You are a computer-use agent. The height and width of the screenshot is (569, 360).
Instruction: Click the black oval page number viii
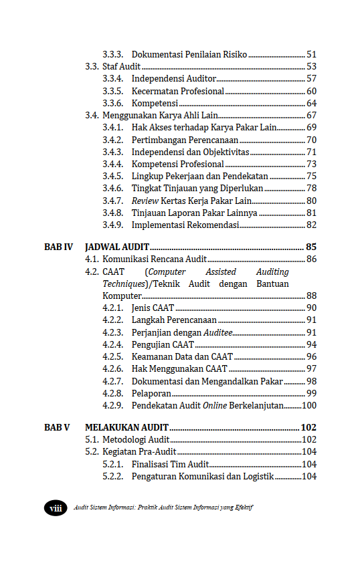pyautogui.click(x=55, y=508)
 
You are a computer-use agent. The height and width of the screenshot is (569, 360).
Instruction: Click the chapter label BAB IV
pyautogui.click(x=58, y=247)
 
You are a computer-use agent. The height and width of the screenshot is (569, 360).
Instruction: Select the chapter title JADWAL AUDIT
pyautogui.click(x=117, y=247)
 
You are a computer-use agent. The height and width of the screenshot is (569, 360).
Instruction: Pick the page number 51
pyautogui.click(x=311, y=55)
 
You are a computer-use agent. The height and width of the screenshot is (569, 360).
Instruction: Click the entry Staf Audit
pyautogui.click(x=121, y=67)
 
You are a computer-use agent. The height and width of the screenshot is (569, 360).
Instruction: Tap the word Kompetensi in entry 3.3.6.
pyautogui.click(x=155, y=104)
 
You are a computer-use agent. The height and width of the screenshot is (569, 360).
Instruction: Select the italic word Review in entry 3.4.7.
pyautogui.click(x=145, y=201)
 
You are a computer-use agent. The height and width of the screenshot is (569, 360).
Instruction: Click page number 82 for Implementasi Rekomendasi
pyautogui.click(x=311, y=225)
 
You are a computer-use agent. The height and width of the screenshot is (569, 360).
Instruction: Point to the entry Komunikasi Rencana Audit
pyautogui.click(x=154, y=259)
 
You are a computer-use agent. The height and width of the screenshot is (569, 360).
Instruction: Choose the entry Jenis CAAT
pyautogui.click(x=153, y=308)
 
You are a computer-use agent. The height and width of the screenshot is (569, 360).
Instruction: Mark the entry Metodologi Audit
pyautogui.click(x=136, y=440)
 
